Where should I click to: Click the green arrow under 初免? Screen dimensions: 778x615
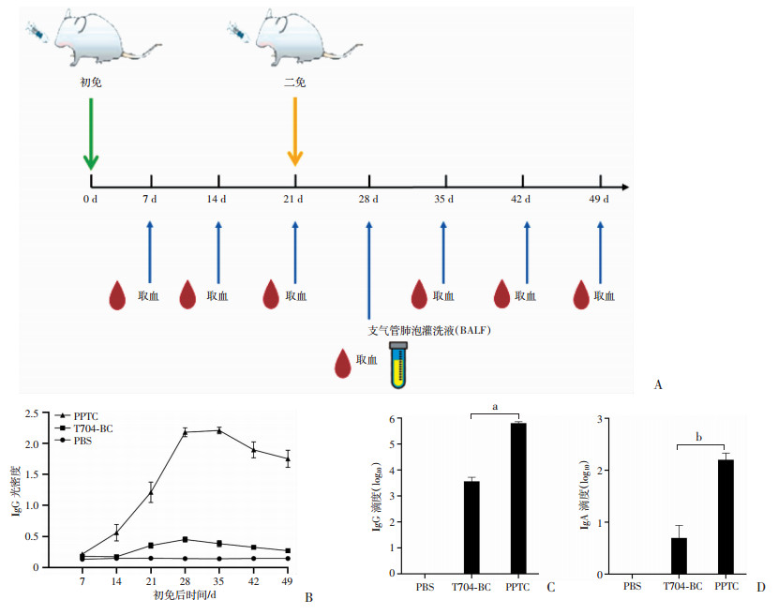(x=91, y=134)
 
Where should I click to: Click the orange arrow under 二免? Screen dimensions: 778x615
(x=295, y=132)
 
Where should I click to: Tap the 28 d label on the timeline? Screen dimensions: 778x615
(x=368, y=199)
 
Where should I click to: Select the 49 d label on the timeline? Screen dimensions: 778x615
(x=599, y=199)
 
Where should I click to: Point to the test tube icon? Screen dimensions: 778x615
(x=398, y=365)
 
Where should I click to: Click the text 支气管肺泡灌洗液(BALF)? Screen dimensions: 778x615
(x=429, y=330)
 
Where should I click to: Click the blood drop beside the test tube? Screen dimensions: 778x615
(x=343, y=364)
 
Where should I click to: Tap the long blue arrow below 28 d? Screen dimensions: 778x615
(x=368, y=271)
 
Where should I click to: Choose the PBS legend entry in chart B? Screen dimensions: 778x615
(x=73, y=441)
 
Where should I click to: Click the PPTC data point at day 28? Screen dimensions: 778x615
(x=185, y=432)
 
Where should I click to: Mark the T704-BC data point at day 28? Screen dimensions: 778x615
(x=185, y=540)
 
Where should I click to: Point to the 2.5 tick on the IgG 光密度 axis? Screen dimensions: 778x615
(x=32, y=413)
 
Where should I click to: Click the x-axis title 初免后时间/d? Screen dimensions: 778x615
(x=185, y=594)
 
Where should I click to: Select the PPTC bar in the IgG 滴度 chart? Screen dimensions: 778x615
(x=518, y=499)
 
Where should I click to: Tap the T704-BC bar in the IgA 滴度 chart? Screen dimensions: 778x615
(x=680, y=556)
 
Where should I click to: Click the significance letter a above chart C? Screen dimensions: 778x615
(x=495, y=407)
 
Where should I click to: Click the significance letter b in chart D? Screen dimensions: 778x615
(x=698, y=437)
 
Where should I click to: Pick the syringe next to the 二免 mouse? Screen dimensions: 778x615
(x=238, y=32)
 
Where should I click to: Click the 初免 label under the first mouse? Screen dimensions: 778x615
(x=91, y=82)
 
